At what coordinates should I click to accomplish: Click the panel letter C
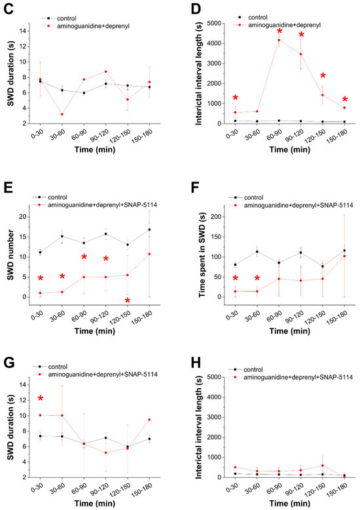click(8, 9)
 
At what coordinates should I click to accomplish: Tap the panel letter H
click(196, 363)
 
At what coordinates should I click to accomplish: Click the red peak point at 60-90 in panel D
click(279, 40)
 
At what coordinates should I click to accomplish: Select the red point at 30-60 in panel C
click(62, 114)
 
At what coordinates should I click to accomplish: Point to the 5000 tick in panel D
click(215, 24)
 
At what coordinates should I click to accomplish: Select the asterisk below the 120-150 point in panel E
click(128, 300)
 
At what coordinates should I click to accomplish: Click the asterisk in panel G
click(41, 399)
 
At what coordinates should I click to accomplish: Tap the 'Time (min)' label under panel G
click(95, 503)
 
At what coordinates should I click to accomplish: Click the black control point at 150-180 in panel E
click(149, 230)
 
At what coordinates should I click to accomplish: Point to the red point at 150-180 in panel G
click(149, 420)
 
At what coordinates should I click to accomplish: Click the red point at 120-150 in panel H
click(323, 465)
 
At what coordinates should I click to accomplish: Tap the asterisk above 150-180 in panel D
click(345, 100)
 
